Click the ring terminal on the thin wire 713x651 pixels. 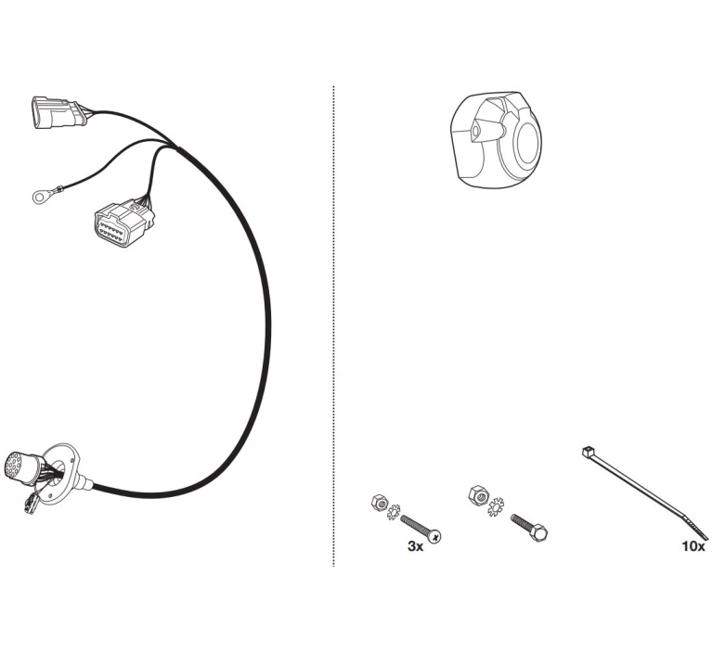coord(40,197)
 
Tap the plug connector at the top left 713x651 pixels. coord(57,113)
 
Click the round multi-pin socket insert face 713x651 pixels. coord(17,465)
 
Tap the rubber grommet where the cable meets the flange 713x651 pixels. coord(84,482)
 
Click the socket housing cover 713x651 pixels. coord(496,138)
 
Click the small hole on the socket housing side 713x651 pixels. coord(474,132)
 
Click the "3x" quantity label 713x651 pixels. coord(415,546)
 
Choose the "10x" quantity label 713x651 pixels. coord(694,546)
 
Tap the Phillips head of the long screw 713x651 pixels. coord(434,537)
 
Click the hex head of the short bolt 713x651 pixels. coord(539,532)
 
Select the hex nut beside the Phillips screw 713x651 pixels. coord(379,503)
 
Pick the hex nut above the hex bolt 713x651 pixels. coord(476,494)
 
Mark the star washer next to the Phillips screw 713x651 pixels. coord(393,512)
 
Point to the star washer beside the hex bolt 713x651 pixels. coord(495,506)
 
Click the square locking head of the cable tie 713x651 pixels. coord(588,452)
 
